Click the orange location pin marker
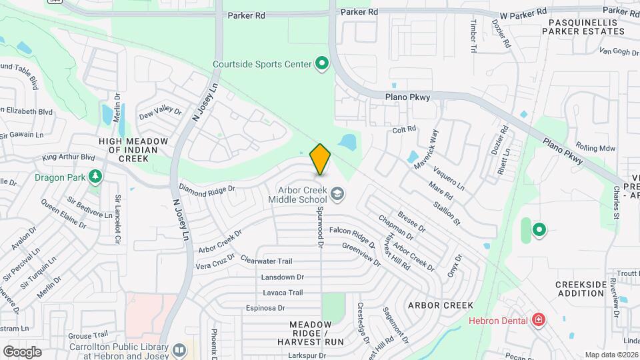click(x=321, y=159)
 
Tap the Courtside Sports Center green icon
click(x=322, y=64)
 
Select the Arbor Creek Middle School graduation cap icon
click(x=338, y=194)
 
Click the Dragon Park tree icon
click(x=96, y=177)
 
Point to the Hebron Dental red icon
click(x=538, y=321)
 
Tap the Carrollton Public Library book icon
click(x=179, y=349)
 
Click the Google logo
click(x=22, y=351)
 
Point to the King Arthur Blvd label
click(x=69, y=157)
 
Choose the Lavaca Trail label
click(x=283, y=292)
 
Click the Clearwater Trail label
click(x=267, y=261)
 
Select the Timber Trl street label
click(x=474, y=35)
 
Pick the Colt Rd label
click(x=404, y=129)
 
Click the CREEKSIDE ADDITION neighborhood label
click(x=580, y=289)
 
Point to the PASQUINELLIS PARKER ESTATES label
click(x=587, y=27)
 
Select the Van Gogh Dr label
click(x=619, y=51)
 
